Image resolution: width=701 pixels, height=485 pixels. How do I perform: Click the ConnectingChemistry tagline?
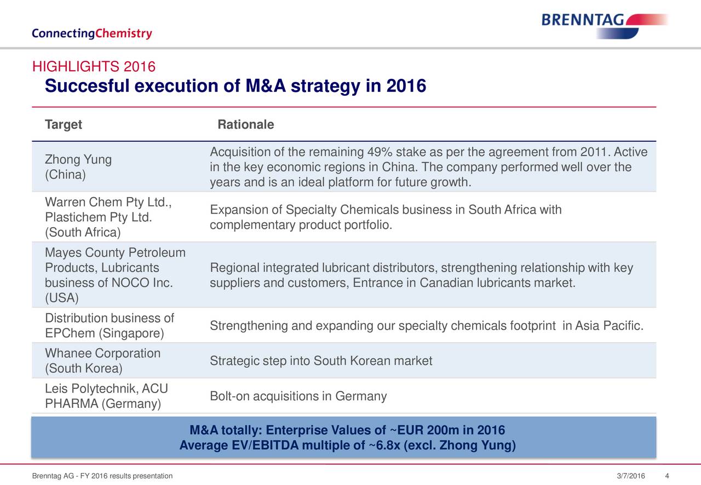click(x=92, y=34)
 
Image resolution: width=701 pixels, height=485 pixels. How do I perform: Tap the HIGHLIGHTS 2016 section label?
click(x=94, y=67)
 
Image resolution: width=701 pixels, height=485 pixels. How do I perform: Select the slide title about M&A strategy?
click(x=235, y=86)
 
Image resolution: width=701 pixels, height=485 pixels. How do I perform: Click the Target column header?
click(x=64, y=125)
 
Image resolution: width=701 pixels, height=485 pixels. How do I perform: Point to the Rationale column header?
click(x=246, y=125)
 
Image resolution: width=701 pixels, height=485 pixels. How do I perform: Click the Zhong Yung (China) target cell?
click(x=78, y=167)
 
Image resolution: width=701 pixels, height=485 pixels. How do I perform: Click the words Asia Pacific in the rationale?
click(x=607, y=326)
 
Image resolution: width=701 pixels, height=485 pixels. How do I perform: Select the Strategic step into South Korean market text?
click(x=321, y=361)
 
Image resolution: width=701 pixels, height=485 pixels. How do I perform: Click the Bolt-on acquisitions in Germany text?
click(x=298, y=396)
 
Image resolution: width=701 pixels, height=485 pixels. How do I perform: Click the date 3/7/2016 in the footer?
click(x=630, y=476)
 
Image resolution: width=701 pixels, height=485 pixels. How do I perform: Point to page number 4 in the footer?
click(x=666, y=476)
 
